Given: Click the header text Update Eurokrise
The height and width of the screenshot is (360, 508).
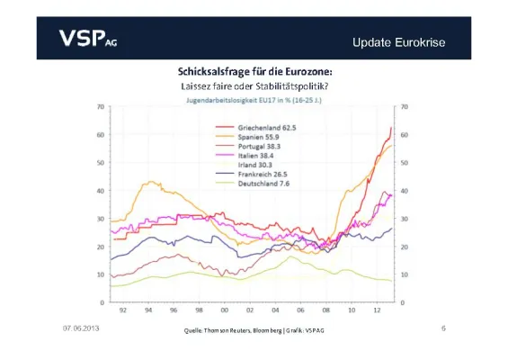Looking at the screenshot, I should pyautogui.click(x=398, y=41).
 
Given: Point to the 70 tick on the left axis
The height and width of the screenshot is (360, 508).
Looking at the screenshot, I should pyautogui.click(x=100, y=107).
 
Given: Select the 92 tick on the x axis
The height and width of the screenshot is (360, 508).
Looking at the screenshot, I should pyautogui.click(x=123, y=311).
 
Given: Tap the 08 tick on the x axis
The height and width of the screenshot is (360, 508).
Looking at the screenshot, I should pyautogui.click(x=325, y=311).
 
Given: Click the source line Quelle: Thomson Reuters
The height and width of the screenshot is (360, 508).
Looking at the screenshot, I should pyautogui.click(x=254, y=331).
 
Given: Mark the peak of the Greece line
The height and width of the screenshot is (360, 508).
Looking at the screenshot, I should pyautogui.click(x=390, y=128).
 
